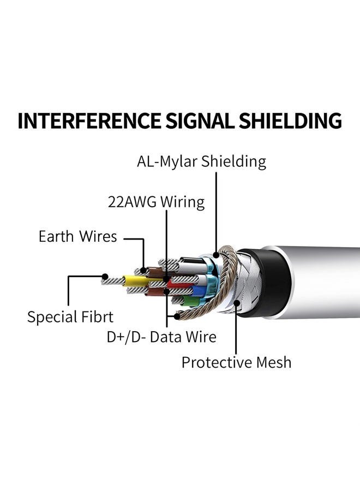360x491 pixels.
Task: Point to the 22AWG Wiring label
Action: pos(156,202)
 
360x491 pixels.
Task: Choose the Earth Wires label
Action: pos(77,237)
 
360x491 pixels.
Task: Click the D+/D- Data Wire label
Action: pos(161,337)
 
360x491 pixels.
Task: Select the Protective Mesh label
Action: pos(236,362)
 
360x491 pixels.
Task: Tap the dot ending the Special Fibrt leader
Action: pos(104,277)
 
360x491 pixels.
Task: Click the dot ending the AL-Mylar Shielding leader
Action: pos(217,253)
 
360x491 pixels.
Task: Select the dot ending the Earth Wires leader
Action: pos(144,270)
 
